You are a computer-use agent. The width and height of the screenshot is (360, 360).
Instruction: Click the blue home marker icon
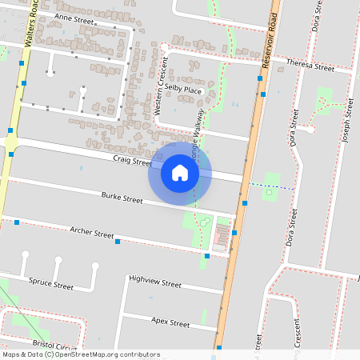click(180, 173)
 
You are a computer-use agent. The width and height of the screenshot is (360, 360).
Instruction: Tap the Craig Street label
click(132, 162)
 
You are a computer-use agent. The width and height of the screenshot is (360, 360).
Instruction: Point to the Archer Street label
click(92, 234)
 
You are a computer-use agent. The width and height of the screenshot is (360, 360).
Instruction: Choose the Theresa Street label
click(310, 66)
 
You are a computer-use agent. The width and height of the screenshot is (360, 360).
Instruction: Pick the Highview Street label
click(155, 282)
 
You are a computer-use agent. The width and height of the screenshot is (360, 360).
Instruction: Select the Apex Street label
click(170, 322)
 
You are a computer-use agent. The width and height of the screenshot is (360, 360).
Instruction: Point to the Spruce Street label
click(51, 284)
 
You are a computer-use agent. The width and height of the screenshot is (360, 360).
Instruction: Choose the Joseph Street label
click(346, 124)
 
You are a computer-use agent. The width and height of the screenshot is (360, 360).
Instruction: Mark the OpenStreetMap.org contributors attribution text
click(106, 354)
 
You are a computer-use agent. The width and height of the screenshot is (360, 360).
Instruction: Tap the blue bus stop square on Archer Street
click(118, 241)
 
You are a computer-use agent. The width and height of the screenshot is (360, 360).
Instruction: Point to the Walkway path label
click(197, 132)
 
